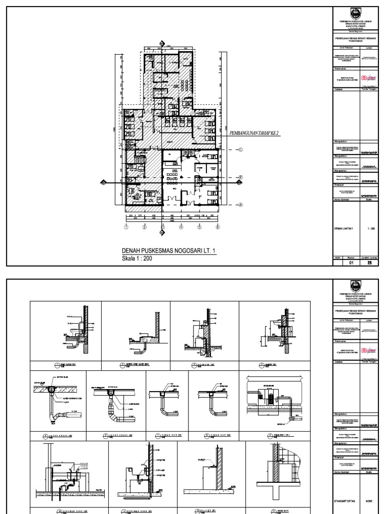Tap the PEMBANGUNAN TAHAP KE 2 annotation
254,132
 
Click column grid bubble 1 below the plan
126,227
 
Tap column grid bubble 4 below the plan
180,227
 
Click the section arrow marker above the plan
161,45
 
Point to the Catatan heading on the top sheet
338,89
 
